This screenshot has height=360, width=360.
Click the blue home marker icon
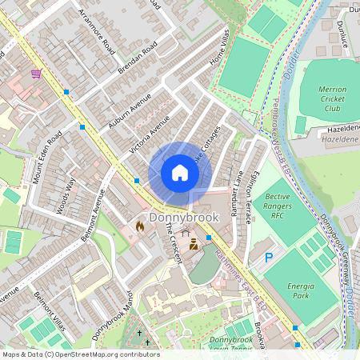click(180, 173)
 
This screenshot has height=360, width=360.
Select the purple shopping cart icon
click(36, 74)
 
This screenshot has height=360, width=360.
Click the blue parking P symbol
click(269, 258)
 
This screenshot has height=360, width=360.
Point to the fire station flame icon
click(140, 227)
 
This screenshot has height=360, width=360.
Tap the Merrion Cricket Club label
click(325, 100)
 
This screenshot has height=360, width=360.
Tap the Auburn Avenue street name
click(130, 110)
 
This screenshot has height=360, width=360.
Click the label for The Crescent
click(174, 239)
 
